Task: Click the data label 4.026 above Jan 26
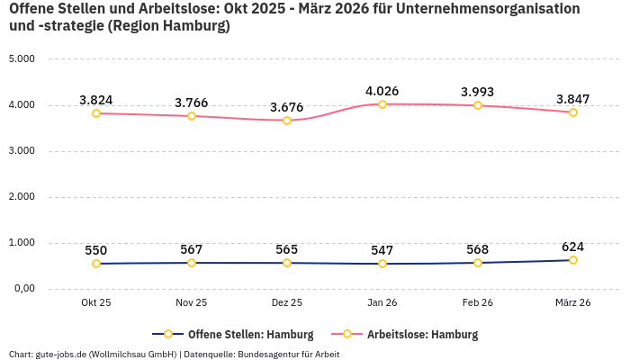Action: [x=382, y=91]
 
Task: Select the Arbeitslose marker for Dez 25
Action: [x=287, y=121]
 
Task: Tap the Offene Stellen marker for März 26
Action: [x=572, y=260]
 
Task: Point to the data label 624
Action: [x=572, y=247]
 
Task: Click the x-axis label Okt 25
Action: [x=96, y=302]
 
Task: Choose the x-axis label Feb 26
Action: [x=477, y=302]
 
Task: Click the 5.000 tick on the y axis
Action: [x=21, y=59]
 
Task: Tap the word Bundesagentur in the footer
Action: [x=269, y=354]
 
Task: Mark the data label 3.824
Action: [x=96, y=100]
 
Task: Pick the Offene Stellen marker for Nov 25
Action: [x=192, y=263]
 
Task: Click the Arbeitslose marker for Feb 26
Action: [x=477, y=105]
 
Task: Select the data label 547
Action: [x=382, y=250]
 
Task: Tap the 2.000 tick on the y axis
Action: [x=21, y=197]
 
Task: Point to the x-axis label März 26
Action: [x=572, y=302]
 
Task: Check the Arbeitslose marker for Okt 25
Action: [x=96, y=113]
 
